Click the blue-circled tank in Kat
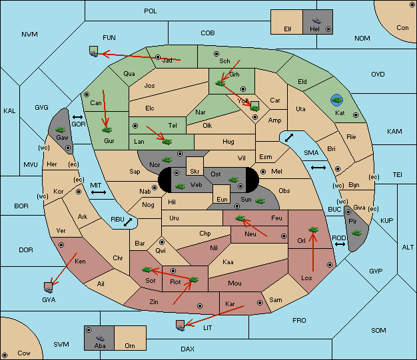pyautogui.click(x=336, y=100)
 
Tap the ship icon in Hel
pyautogui.click(x=316, y=21)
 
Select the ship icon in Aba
pyautogui.click(x=101, y=338)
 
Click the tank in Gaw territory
pyautogui.click(x=61, y=130)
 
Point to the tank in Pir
pyautogui.click(x=356, y=233)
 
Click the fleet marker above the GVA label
pyautogui.click(x=49, y=287)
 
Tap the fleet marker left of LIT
pyautogui.click(x=180, y=325)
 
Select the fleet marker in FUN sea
pyautogui.click(x=93, y=51)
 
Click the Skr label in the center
pyautogui.click(x=195, y=172)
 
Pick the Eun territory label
pyautogui.click(x=222, y=199)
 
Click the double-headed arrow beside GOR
pyautogui.click(x=77, y=117)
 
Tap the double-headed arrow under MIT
pyautogui.click(x=99, y=192)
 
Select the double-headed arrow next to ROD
pyautogui.click(x=340, y=244)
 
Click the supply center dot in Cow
pyautogui.click(x=5, y=355)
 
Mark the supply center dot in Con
pyautogui.click(x=412, y=5)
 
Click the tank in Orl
pyautogui.click(x=313, y=230)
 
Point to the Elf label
pyautogui.click(x=288, y=29)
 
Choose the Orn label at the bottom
pyautogui.click(x=130, y=345)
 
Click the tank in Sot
pyautogui.click(x=147, y=270)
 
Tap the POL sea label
pyautogui.click(x=151, y=11)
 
